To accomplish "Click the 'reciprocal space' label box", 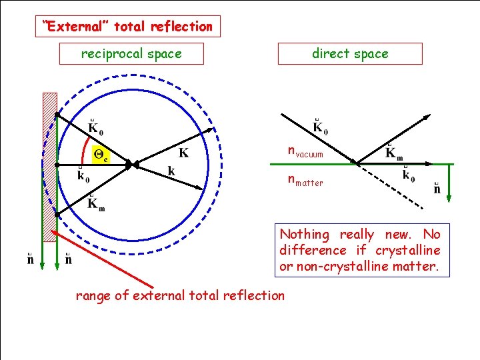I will click(131, 54).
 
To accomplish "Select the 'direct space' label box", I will click(350, 54).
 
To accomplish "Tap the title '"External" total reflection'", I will click(127, 27).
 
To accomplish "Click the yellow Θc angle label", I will click(101, 154).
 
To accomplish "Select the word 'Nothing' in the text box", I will click(305, 235).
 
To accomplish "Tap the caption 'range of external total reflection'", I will click(180, 295).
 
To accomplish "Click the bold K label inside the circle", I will click(183, 153).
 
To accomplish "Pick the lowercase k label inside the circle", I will click(171, 172).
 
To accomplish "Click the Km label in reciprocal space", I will click(96, 202).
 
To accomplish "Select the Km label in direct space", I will click(395, 153).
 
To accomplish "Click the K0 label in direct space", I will click(320, 127).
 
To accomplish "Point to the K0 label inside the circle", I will click(96, 125).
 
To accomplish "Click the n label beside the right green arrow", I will click(437, 189).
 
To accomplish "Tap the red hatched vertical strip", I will click(50, 167).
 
